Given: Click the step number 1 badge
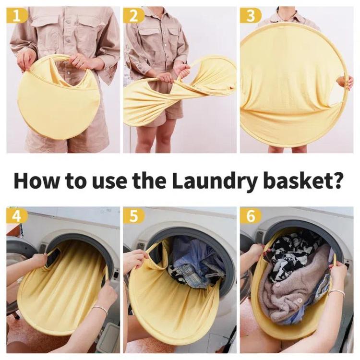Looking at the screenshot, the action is (x=16, y=16).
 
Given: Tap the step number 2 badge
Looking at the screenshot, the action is (x=133, y=16).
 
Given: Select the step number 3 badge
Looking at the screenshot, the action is (x=251, y=16).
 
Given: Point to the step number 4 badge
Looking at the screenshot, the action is (x=16, y=216).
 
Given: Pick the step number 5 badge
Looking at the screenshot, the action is (x=133, y=216).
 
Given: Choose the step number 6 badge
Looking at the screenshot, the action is (x=251, y=216).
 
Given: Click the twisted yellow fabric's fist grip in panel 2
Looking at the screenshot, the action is (x=184, y=73).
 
